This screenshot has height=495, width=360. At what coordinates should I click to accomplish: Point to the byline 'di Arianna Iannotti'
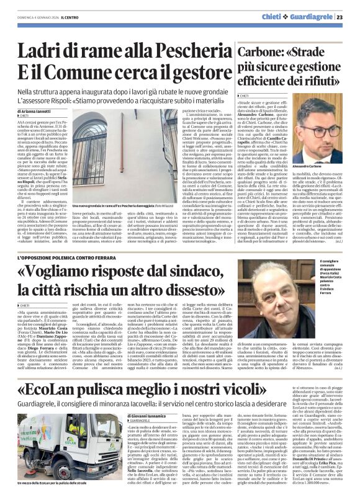coord(37,110)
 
